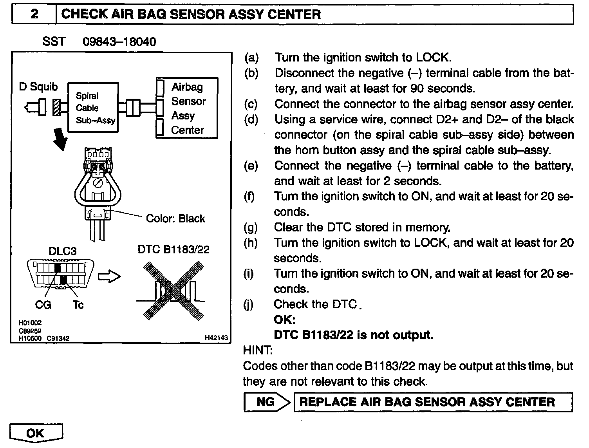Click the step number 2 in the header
(34, 14)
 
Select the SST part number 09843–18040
(119, 42)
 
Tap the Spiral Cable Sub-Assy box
(93, 108)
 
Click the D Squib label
(38, 87)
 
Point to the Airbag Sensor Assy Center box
(188, 108)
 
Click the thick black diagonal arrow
(59, 139)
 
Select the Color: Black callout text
(175, 218)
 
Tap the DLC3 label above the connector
(62, 251)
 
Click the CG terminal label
(43, 305)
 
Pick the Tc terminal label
(78, 305)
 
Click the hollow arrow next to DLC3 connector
(109, 276)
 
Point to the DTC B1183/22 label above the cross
(173, 249)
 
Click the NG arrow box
(267, 402)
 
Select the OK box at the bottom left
(36, 433)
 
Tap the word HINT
(258, 350)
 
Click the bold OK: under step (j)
(284, 320)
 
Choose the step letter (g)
(250, 227)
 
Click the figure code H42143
(216, 338)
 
